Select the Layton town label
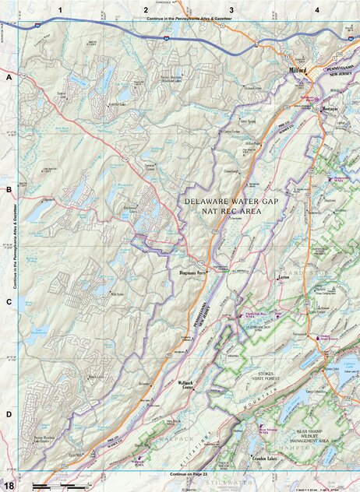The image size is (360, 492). pos(284,276)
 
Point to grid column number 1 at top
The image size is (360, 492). pos(59,9)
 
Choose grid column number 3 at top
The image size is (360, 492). pos(231,9)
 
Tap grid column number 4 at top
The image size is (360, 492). pos(316,9)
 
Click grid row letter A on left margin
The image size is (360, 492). pos(9,79)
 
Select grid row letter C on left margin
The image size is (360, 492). pos(9,302)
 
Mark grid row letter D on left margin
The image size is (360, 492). pos(9,414)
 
